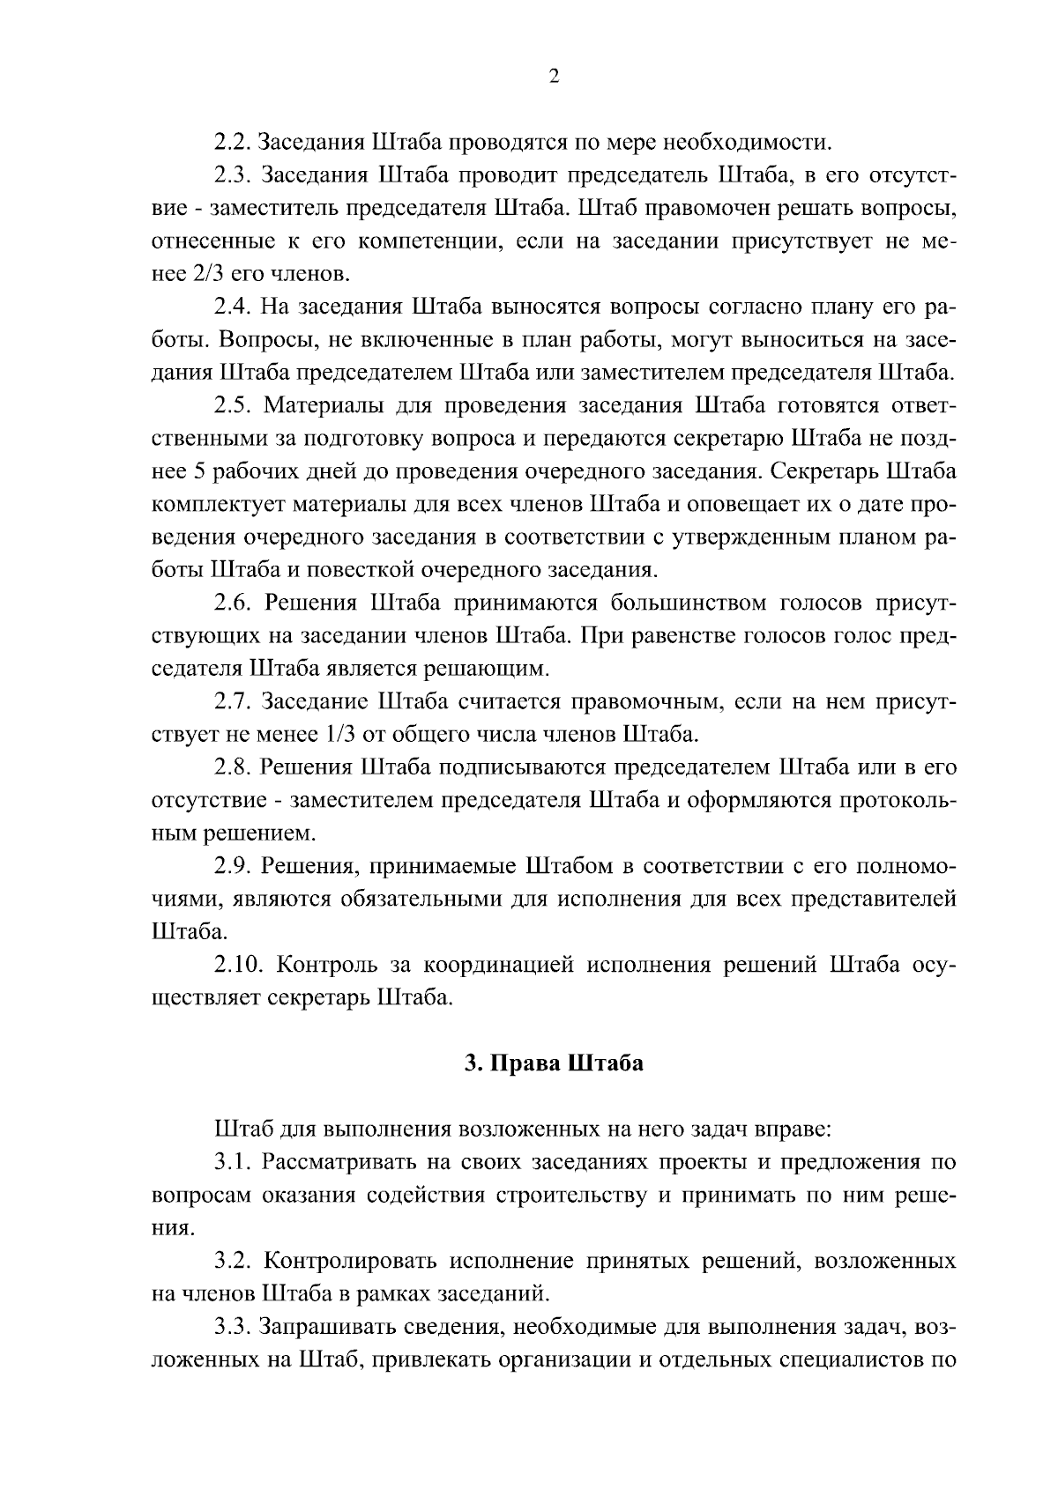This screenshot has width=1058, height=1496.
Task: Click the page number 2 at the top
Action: click(x=554, y=77)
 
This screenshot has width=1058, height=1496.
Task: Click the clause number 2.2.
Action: click(x=233, y=142)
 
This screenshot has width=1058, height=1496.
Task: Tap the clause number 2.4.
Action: click(x=233, y=307)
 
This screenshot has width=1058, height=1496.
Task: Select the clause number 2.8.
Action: click(x=233, y=768)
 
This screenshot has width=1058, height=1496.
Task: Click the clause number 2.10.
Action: click(x=239, y=966)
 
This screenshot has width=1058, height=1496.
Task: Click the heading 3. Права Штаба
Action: click(x=554, y=1063)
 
